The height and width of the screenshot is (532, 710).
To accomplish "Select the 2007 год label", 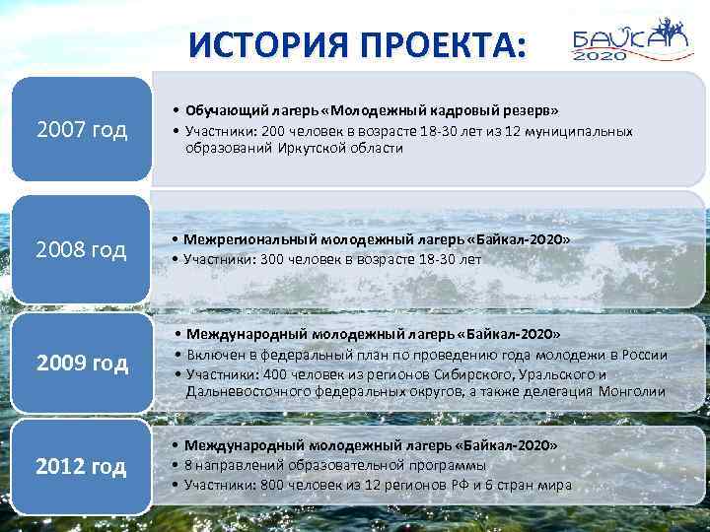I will [82, 131].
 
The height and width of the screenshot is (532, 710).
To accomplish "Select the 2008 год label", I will [82, 250].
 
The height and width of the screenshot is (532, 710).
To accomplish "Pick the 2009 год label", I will [82, 364].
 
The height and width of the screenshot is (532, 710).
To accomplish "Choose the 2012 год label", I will [82, 466].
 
